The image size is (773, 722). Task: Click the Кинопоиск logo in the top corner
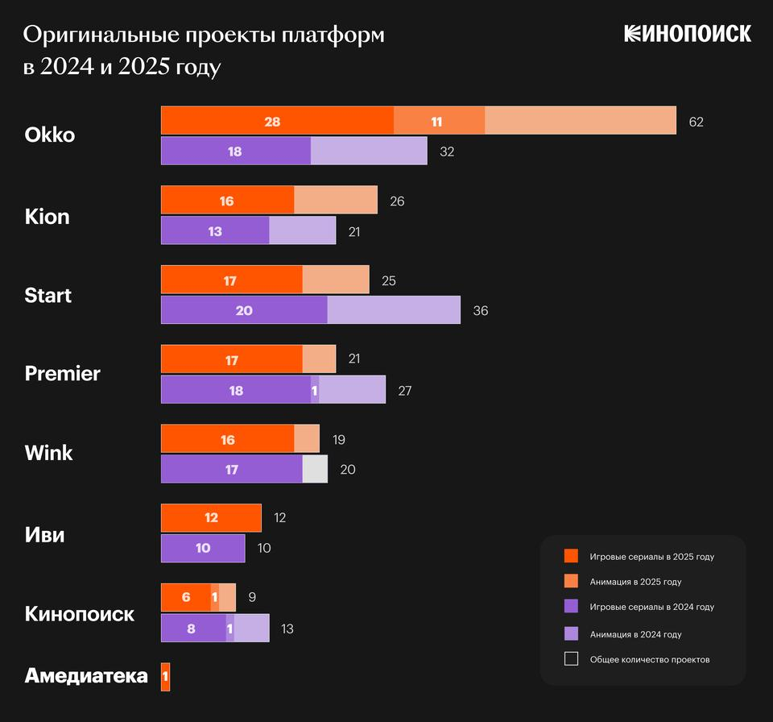687,33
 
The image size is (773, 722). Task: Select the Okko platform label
50,135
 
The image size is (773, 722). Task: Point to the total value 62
697,122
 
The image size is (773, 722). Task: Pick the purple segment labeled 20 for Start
244,310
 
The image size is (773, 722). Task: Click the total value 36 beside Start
481,310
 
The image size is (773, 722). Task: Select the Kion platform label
48,216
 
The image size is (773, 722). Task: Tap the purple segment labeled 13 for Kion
215,230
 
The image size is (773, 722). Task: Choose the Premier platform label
63,374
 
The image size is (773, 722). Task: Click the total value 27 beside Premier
406,390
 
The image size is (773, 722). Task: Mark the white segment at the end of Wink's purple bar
316,469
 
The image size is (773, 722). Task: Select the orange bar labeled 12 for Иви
211,518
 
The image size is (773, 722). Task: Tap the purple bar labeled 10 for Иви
203,548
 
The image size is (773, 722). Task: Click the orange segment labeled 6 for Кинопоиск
186,598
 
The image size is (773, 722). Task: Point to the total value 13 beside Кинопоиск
287,629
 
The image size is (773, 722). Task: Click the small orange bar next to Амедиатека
166,677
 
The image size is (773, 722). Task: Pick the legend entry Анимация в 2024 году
635,634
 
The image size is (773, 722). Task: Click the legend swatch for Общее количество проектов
571,659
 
